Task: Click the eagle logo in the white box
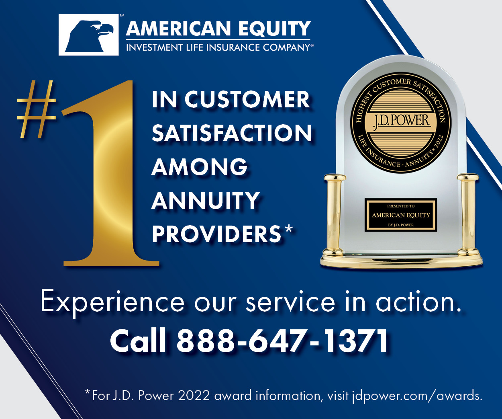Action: click(89, 36)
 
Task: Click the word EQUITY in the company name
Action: click(274, 29)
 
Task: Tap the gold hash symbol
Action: click(37, 109)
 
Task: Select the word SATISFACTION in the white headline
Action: click(232, 133)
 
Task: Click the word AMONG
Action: click(199, 166)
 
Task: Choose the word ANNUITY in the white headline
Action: click(206, 200)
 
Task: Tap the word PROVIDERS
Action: click(216, 234)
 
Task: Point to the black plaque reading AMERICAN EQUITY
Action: click(401, 215)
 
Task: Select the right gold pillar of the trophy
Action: click(467, 214)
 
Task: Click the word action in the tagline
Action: click(418, 302)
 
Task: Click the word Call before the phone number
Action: click(138, 341)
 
